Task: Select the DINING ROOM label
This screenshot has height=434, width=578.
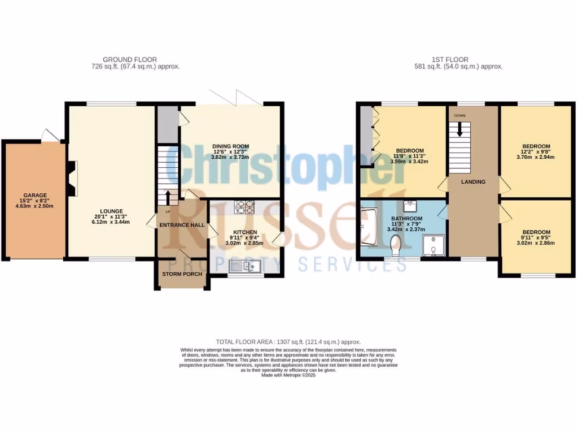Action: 230,146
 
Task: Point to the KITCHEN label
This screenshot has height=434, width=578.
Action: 246,232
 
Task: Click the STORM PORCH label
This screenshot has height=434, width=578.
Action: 182,274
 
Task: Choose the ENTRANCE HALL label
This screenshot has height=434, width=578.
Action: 182,225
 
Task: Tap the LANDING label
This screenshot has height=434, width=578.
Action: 474,182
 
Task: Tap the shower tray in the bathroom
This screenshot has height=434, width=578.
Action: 433,246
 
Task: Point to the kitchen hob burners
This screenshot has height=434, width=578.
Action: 244,207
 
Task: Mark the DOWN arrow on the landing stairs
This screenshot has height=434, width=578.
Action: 459,129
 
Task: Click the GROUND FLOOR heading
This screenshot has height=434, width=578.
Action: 130,59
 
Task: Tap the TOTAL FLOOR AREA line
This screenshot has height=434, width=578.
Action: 288,342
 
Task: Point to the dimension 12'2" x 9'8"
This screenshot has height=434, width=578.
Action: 535,152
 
